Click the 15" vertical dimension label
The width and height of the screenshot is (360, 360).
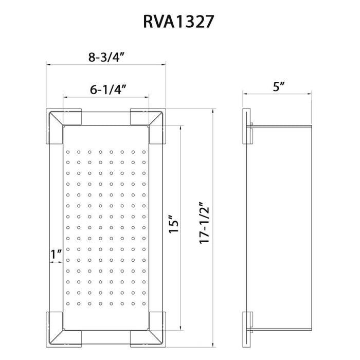tap(174, 225)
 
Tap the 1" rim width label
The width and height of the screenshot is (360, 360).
tap(56, 253)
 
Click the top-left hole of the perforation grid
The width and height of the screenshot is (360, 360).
tap(68, 152)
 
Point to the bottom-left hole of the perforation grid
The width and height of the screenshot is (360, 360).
tap(68, 303)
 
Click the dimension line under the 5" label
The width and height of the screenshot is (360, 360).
tap(278, 94)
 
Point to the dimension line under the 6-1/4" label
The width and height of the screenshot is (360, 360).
tap(106, 96)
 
